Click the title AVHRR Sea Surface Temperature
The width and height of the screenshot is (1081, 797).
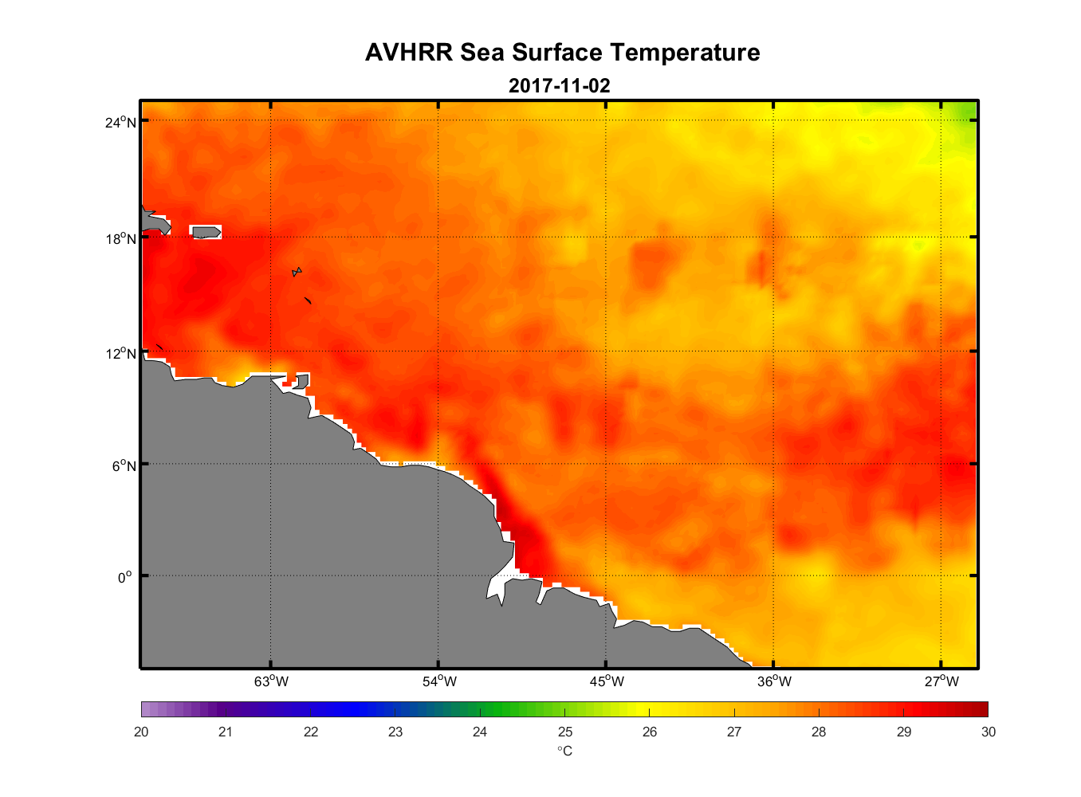pos(562,53)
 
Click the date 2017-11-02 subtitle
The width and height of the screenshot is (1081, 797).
pos(559,86)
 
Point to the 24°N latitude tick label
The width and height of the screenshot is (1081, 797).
pos(121,122)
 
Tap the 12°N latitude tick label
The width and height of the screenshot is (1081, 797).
pos(121,354)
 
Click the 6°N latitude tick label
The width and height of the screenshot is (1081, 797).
pos(124,466)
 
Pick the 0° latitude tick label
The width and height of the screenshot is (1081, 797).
pos(124,578)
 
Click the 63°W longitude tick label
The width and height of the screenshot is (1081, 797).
pos(271,681)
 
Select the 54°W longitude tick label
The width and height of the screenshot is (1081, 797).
pos(439,681)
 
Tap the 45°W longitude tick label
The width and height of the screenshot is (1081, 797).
pos(607,681)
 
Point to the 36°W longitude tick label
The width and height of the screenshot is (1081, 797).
pos(774,681)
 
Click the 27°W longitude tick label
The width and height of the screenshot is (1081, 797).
pos(941,681)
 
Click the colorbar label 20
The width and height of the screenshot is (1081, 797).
pos(141,732)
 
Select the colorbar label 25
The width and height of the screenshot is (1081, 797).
pos(564,732)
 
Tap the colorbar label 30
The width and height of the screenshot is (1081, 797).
pos(988,732)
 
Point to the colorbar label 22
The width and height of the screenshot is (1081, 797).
pos(311,732)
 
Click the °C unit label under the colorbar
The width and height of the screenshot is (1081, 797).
pos(564,751)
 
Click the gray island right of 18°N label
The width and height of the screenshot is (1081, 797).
pos(206,232)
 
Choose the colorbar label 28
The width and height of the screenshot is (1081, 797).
pos(819,732)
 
